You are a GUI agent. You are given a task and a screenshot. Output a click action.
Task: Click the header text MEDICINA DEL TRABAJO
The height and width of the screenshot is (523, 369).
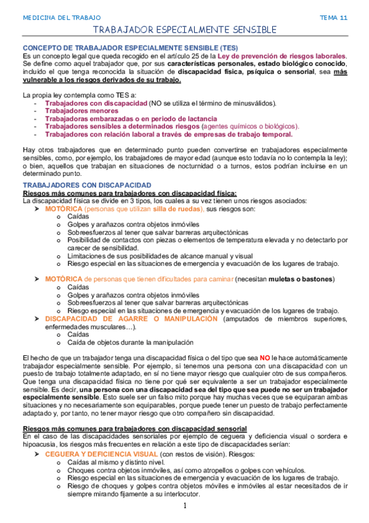coord(62,18)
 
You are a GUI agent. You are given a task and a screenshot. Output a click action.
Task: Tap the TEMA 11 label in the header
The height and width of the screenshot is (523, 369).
coord(334,18)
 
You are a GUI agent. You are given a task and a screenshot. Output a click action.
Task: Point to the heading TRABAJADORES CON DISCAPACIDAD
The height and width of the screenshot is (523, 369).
coord(87,184)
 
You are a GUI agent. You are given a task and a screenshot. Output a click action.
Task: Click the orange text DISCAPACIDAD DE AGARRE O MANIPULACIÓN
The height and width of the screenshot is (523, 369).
coord(132,318)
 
